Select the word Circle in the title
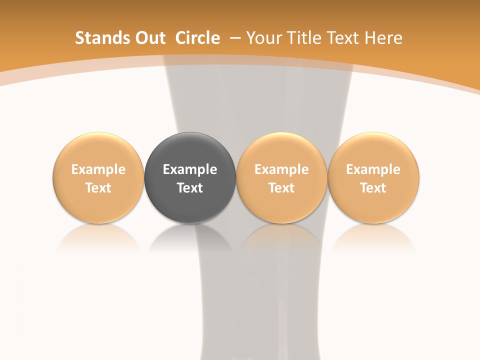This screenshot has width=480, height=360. (197, 38)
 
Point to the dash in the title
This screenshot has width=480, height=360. (233, 38)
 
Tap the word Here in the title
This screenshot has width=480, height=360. (383, 38)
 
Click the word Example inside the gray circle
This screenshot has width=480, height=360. (190, 169)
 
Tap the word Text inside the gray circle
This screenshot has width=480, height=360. (190, 188)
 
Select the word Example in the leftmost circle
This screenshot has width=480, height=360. (98, 169)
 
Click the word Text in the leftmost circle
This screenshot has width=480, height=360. (98, 188)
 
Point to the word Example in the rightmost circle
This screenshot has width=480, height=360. (373, 169)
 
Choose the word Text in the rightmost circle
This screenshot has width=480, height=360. (373, 188)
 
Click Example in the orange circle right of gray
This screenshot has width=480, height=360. (281, 169)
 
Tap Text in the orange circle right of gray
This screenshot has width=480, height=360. (281, 188)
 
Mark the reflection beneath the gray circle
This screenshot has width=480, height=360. (190, 237)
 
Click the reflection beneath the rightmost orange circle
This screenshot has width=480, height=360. (373, 237)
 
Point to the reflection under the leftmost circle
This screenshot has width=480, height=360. (98, 237)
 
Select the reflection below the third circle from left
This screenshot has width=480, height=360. (281, 237)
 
